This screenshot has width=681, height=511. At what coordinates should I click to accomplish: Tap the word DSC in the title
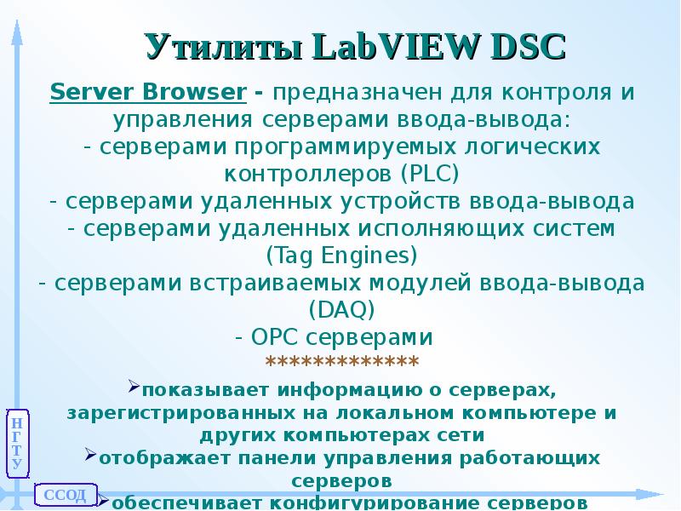(x=524, y=47)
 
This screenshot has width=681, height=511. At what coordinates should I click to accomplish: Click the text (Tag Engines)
(x=341, y=255)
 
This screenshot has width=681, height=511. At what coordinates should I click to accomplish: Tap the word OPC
(x=274, y=336)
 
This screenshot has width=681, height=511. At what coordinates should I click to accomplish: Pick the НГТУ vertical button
(x=17, y=443)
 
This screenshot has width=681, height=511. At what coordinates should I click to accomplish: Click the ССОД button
(x=65, y=495)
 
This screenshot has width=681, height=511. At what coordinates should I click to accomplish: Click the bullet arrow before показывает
(x=134, y=388)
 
